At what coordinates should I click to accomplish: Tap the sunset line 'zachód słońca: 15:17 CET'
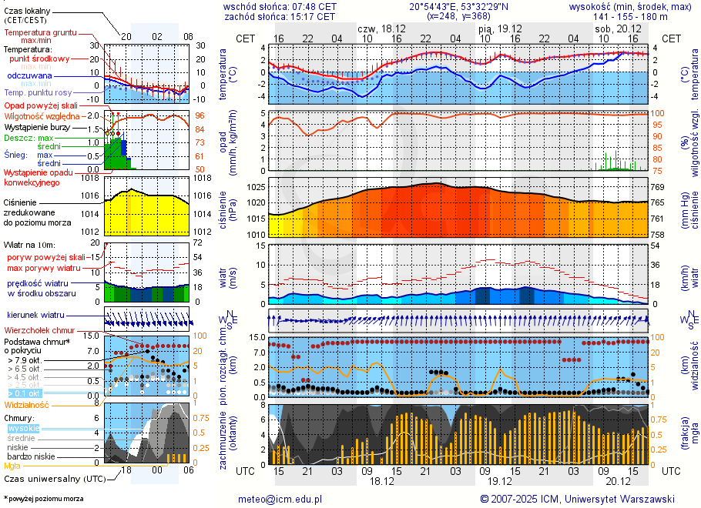click(279, 16)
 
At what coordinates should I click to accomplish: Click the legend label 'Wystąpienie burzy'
click(39, 126)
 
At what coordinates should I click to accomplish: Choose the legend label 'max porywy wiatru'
click(44, 268)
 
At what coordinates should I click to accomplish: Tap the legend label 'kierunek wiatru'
click(36, 316)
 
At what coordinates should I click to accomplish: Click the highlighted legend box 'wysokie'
click(23, 428)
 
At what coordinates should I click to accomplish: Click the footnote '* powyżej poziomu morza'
click(43, 499)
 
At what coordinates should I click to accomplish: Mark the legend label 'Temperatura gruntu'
click(42, 33)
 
